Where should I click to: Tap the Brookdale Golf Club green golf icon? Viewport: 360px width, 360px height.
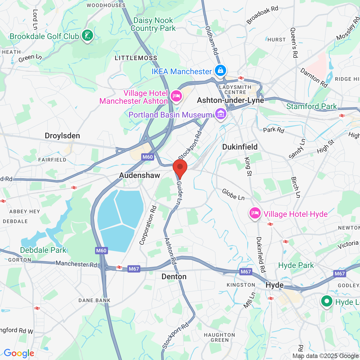click(87, 36)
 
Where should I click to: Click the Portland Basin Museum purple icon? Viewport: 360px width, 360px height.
click(221, 114)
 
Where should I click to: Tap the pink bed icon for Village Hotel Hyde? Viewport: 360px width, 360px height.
click(255, 213)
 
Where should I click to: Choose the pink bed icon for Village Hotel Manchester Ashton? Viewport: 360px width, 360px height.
click(176, 96)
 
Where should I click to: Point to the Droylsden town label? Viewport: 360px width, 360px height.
click(62, 136)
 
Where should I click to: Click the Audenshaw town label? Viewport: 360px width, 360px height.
click(139, 175)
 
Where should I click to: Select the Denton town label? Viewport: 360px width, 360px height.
click(174, 277)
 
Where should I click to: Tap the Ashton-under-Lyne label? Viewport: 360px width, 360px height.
click(230, 100)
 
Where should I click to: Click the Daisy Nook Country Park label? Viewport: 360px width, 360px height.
click(153, 24)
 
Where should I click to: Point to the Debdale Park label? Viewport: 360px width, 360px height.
click(43, 250)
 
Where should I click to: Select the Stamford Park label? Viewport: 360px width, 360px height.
click(311, 106)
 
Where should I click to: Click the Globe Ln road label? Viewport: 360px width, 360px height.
click(233, 195)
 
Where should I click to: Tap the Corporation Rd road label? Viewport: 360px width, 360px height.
click(148, 225)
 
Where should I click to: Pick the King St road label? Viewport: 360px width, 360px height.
click(248, 166)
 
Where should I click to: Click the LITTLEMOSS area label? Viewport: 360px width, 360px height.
click(136, 58)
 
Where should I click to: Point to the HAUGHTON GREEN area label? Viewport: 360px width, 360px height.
click(219, 337)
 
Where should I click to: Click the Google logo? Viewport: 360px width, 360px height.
click(19, 353)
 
